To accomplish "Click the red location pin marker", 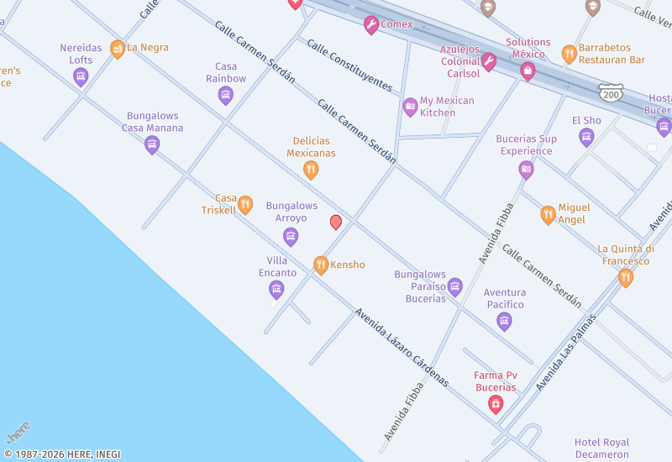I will click(336, 222).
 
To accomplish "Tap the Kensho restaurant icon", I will click(320, 265).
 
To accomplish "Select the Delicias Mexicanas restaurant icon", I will click(311, 171).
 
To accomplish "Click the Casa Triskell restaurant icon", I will click(245, 204).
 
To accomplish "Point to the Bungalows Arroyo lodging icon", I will click(291, 236).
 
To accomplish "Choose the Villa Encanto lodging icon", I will click(276, 290).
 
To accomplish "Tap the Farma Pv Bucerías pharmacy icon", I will click(496, 405).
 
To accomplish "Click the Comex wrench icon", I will click(371, 25).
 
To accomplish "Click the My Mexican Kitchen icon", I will click(410, 107).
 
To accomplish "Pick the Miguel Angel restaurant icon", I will click(549, 214).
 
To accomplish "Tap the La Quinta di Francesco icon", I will click(626, 277).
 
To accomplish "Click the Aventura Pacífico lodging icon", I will click(504, 321).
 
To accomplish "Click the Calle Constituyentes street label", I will click(349, 65).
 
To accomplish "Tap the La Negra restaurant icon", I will click(118, 49).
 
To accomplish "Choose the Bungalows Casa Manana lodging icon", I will click(152, 144).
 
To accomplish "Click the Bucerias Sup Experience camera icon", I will click(527, 171).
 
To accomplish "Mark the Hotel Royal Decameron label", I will click(602, 449).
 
